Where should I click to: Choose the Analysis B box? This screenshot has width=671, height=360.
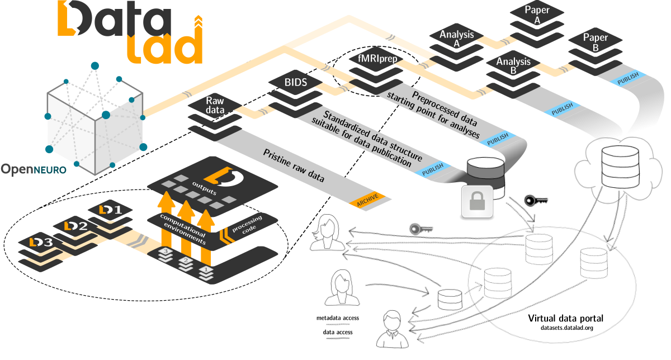[513, 66]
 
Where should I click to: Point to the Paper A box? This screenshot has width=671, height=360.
[537, 15]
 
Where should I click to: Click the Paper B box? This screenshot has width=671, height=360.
[595, 42]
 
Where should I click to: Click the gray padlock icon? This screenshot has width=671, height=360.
[476, 201]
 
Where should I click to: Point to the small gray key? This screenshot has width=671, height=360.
[421, 228]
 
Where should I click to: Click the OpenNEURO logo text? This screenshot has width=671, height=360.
[33, 169]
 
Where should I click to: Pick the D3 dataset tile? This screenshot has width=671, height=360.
[43, 243]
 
